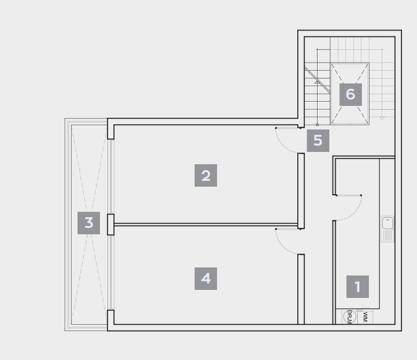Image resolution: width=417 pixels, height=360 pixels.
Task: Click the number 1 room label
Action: [358, 287]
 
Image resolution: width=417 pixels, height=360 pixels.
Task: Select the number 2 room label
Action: [206, 175]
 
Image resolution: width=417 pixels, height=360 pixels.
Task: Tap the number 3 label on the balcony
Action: [89, 223]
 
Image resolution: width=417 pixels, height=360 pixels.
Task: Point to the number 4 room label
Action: [206, 279]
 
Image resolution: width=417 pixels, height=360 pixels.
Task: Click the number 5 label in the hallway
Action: [318, 141]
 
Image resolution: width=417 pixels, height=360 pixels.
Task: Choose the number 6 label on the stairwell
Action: [351, 95]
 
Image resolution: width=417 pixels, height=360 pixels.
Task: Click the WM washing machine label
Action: [365, 317]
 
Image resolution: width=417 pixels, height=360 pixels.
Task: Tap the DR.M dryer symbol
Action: [350, 317]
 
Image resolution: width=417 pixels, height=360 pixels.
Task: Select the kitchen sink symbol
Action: [388, 229]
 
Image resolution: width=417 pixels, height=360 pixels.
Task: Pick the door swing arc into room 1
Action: [354, 213]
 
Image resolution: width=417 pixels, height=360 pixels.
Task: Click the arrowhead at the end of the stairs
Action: [382, 118]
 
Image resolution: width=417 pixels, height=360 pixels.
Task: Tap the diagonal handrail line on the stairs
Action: [317, 80]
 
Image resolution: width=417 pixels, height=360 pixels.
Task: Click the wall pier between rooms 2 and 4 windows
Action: [111, 224]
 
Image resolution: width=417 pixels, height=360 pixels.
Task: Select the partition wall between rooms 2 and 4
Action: [206, 225]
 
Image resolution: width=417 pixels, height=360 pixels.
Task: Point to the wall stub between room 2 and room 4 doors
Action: [301, 191]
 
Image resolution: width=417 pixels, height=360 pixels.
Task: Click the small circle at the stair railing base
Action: [317, 125]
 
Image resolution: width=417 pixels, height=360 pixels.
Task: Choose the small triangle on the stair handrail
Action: [316, 82]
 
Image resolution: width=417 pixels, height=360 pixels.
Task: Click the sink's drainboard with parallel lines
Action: [388, 236]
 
